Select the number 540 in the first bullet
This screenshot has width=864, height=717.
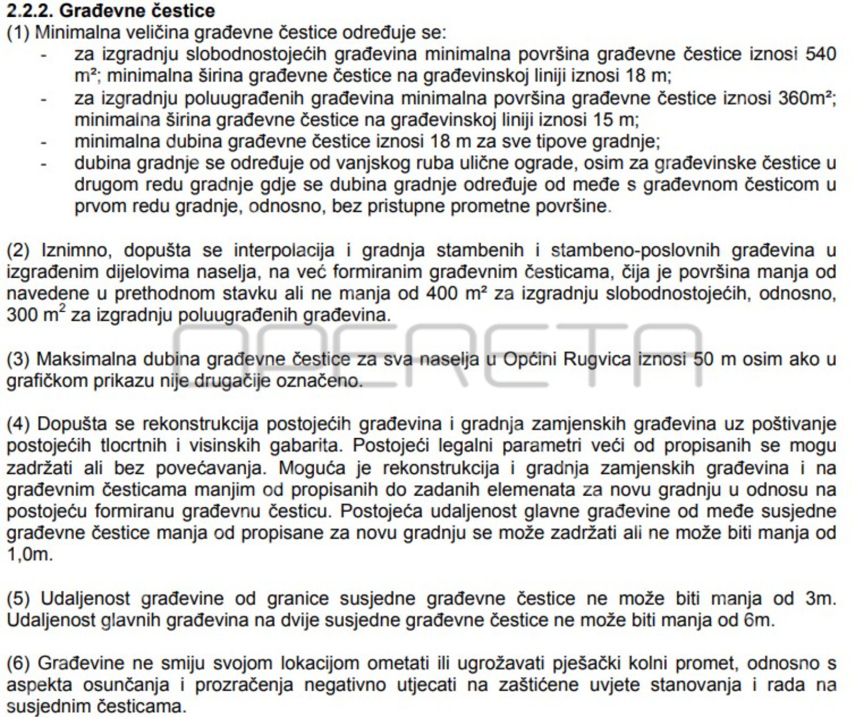(820, 54)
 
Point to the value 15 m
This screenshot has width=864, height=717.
(620, 119)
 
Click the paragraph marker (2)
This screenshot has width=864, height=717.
(17, 251)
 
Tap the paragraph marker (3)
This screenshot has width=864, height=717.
(17, 359)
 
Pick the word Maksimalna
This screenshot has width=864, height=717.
(84, 359)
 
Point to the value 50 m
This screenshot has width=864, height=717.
(714, 359)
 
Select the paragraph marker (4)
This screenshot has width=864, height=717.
(17, 424)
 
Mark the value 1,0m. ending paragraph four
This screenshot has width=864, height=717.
(30, 555)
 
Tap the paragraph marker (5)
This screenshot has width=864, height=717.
(17, 599)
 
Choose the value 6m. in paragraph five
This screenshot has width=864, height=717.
(759, 620)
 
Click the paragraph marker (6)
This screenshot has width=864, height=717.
(17, 664)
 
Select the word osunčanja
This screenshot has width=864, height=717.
(127, 685)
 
